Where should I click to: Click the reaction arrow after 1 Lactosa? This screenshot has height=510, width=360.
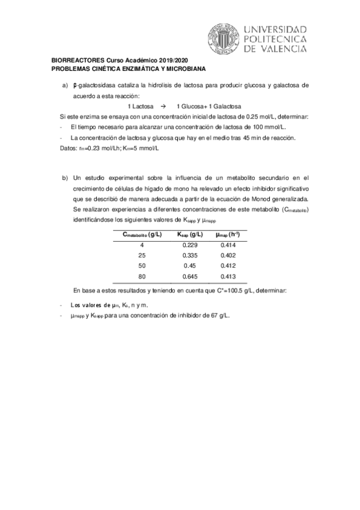click(x=162, y=105)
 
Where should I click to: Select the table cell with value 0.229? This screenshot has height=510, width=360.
click(x=189, y=245)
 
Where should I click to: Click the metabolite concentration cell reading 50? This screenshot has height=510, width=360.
click(x=142, y=265)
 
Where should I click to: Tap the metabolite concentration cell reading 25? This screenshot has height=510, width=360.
click(x=142, y=256)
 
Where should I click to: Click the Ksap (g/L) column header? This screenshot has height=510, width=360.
click(x=189, y=235)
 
